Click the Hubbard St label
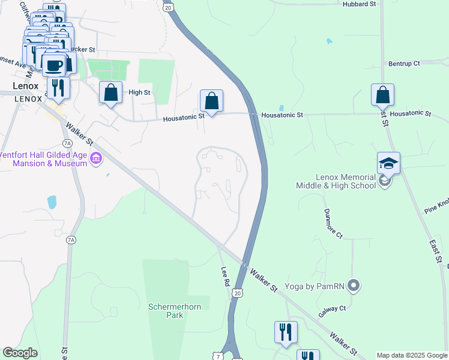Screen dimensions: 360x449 tap(359, 4)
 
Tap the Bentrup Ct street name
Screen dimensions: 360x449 tap(404, 63)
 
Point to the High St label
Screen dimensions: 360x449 tap(139, 92)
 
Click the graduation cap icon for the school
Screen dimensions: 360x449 tap(388, 163)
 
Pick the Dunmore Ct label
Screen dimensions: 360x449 tap(333, 223)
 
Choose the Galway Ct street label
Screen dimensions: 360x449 tap(333, 308)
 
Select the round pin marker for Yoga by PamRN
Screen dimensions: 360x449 tap(354, 286)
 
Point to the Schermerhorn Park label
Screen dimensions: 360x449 tap(165, 310)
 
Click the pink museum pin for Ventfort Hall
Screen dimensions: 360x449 tap(96, 158)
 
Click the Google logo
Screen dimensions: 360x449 tap(20, 353)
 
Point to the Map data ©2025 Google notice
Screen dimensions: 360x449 tap(412, 355)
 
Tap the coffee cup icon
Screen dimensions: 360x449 tap(55, 64)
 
